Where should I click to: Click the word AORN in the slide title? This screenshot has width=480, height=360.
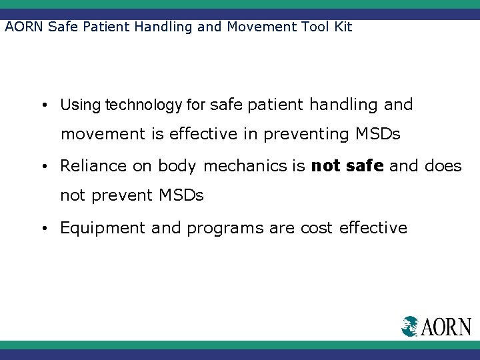coord(25,27)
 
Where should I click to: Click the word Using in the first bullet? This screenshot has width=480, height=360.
coord(81,105)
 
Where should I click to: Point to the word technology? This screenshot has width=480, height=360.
coord(143,105)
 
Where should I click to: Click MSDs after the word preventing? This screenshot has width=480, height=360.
coord(377,134)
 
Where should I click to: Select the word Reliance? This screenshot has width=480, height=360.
coord(93,166)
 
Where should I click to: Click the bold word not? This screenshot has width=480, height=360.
coord(326,166)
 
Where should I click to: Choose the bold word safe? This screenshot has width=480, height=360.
coord(365,166)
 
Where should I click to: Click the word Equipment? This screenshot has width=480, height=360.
coord(103,228)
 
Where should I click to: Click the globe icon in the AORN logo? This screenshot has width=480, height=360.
coord(410,326)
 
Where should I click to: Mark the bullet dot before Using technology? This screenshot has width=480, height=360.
coord(43,105)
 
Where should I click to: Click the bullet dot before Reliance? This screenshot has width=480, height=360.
coord(43,167)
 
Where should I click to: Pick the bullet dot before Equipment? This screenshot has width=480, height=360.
coord(43,229)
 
